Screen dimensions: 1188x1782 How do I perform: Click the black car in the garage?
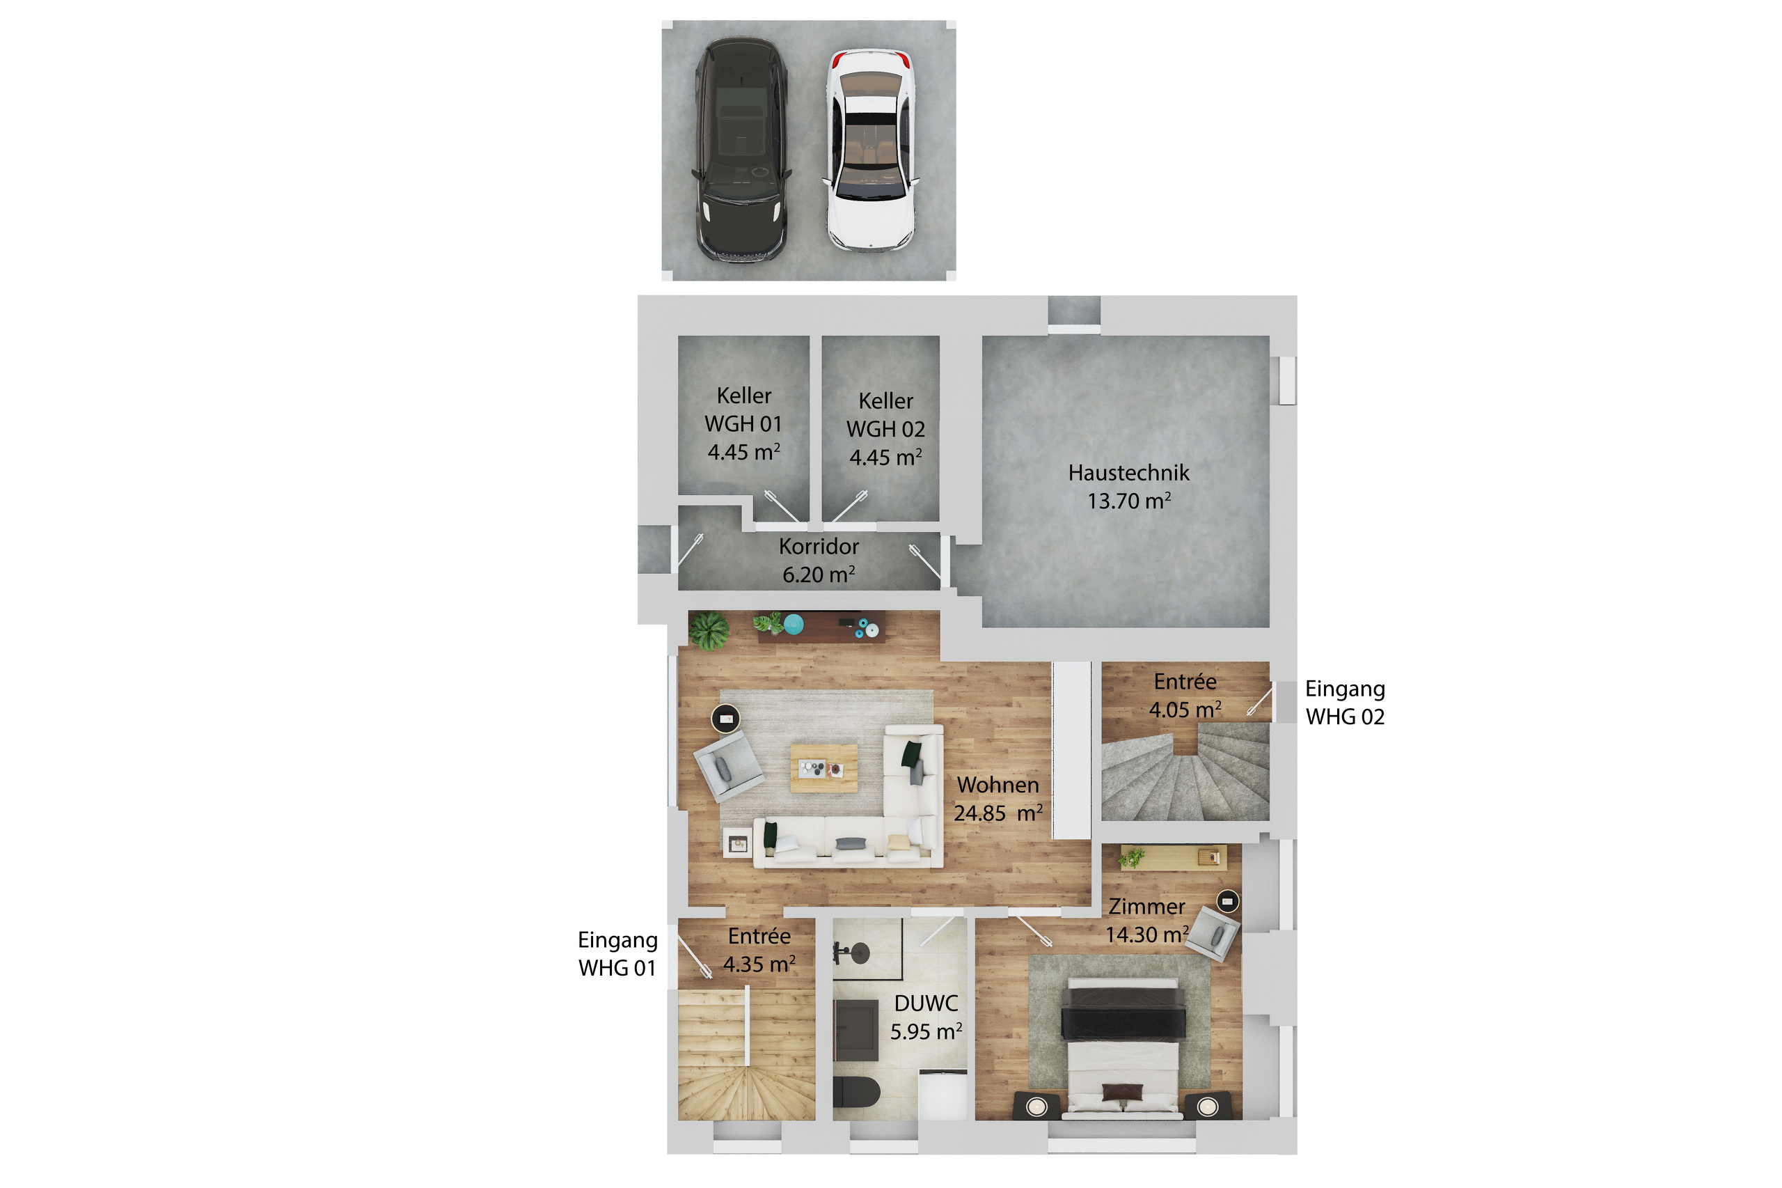[741, 149]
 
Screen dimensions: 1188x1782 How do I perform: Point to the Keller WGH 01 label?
[743, 423]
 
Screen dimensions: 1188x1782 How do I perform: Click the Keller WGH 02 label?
[885, 429]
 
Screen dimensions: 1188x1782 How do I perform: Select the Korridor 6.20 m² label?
[818, 560]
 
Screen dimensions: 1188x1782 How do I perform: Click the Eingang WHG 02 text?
[1344, 703]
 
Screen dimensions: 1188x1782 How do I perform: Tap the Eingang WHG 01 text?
[617, 953]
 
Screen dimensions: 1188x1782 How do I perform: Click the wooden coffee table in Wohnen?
[823, 767]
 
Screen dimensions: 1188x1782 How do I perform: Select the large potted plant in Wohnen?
[709, 630]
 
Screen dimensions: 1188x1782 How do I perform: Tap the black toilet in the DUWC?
[856, 1092]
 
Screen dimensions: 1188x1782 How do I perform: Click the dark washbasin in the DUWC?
[855, 1030]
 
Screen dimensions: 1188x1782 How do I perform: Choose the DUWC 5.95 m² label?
[926, 1017]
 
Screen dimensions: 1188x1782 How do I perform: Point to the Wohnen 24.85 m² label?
[998, 799]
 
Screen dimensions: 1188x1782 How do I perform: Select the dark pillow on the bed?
[1121, 1092]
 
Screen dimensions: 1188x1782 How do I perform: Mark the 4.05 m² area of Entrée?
[1185, 710]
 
